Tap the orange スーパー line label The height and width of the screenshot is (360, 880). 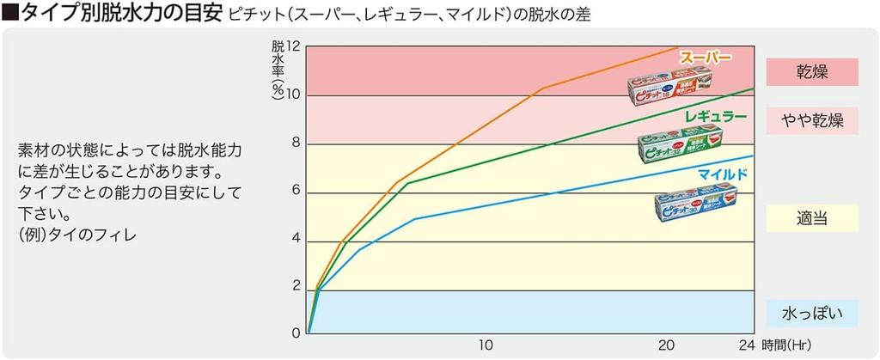tap(706, 58)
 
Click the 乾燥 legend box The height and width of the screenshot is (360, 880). tap(812, 71)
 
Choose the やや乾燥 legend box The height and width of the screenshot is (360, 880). tap(812, 121)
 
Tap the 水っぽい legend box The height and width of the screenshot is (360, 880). tap(812, 313)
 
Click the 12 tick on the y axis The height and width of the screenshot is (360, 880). tap(294, 46)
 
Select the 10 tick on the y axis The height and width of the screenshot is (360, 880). tap(294, 94)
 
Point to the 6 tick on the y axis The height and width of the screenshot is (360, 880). tap(296, 191)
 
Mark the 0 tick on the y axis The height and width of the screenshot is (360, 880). tap(296, 333)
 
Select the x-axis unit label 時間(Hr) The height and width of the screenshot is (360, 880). tap(785, 345)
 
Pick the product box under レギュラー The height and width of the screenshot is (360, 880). tap(679, 147)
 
